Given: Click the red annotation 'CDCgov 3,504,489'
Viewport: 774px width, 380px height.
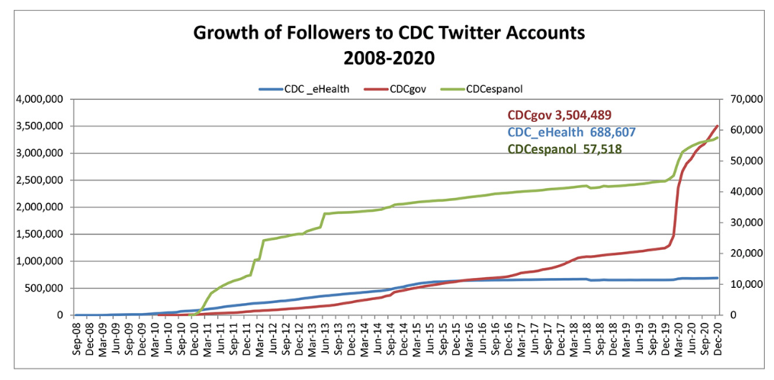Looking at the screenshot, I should [559, 115].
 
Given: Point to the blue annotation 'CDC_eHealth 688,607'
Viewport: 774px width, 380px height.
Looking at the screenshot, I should [571, 132].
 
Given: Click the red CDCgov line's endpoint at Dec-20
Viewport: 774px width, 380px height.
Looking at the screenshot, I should [718, 126].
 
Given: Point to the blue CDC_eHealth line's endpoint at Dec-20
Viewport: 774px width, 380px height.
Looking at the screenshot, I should [718, 278].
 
